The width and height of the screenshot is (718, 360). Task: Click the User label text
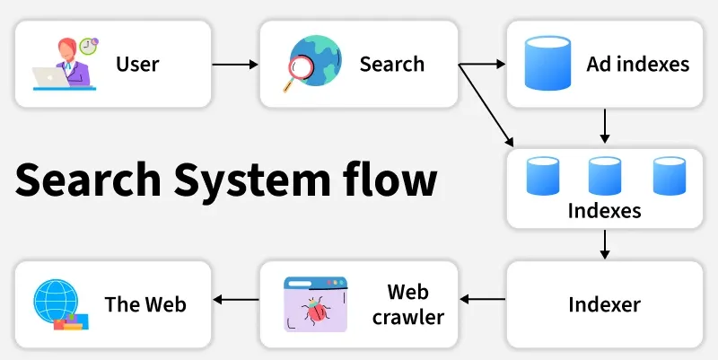[137, 65]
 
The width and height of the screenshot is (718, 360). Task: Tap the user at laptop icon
[65, 63]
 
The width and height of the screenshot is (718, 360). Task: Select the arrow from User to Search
[235, 65]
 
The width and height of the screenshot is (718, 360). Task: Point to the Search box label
[392, 65]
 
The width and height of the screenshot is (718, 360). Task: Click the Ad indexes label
[638, 65]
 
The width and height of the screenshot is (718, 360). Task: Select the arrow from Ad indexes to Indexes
[605, 127]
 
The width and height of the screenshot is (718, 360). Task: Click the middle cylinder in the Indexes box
[605, 175]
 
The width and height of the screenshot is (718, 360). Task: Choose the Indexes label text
[604, 212]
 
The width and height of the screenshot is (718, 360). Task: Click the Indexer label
[604, 304]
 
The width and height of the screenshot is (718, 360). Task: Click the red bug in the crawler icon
[316, 312]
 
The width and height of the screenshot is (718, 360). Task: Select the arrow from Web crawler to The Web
[235, 300]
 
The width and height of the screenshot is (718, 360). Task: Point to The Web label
[145, 304]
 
